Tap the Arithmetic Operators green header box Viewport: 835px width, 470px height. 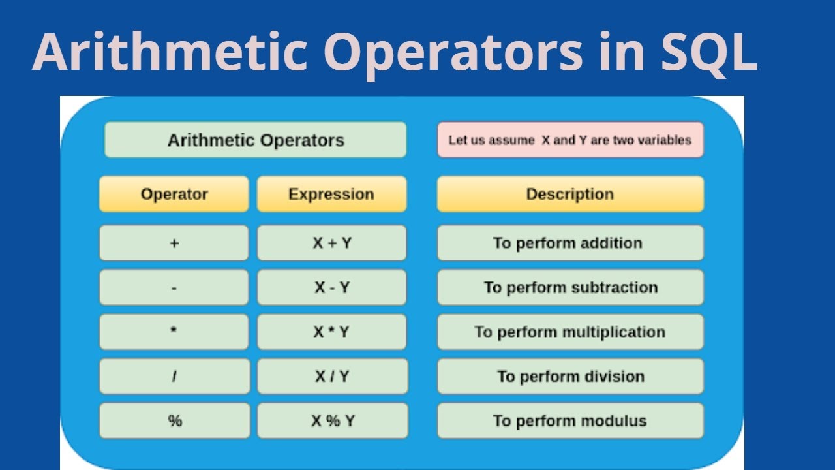point(255,140)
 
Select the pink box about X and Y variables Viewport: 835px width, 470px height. point(569,140)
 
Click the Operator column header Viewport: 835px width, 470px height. point(174,194)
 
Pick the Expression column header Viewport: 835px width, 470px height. point(331,194)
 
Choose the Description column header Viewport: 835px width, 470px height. point(569,194)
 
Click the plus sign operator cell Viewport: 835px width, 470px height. point(174,243)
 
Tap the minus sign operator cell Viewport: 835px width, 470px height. point(174,287)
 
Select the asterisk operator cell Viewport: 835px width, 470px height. point(174,332)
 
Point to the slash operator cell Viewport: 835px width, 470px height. point(174,376)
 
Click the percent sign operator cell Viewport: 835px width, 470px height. point(174,420)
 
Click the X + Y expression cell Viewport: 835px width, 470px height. point(331,243)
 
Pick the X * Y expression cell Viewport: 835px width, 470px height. point(331,332)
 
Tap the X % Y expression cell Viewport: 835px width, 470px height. point(331,420)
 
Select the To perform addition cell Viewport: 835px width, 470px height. point(569,243)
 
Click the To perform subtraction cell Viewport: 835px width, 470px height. point(569,287)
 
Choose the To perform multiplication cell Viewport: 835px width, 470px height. point(569,332)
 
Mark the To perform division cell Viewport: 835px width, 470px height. point(569,376)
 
